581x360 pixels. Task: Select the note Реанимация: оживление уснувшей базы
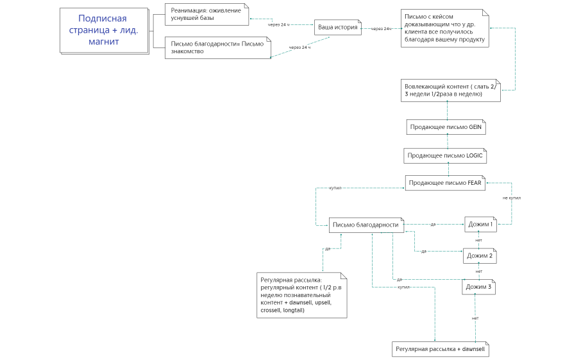206,14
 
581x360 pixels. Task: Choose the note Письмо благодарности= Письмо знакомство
217,47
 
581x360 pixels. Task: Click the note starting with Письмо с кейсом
442,28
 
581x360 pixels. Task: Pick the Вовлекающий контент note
449,90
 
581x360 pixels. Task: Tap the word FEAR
473,183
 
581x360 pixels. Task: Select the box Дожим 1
480,225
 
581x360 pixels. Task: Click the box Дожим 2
480,255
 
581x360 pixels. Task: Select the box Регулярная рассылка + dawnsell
441,349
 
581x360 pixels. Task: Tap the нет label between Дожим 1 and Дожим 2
478,240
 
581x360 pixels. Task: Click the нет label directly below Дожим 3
475,318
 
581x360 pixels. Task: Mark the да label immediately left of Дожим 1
433,225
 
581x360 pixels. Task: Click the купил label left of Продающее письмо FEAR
335,188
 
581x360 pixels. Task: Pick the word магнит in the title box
104,42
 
